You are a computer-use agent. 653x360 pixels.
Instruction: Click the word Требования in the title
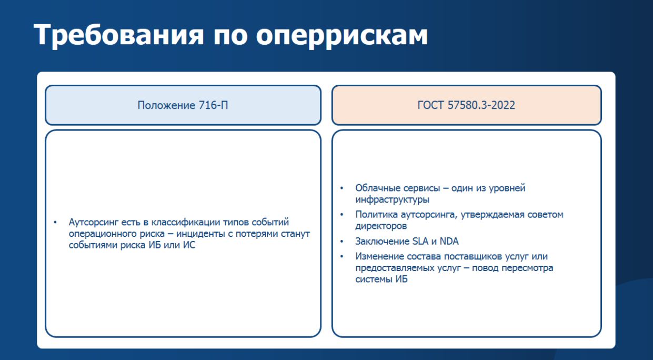click(118, 35)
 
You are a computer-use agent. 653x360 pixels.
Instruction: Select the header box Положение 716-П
click(183, 105)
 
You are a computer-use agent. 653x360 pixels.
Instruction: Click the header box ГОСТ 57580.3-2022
click(466, 105)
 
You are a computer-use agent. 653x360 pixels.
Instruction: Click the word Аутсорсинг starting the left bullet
click(93, 223)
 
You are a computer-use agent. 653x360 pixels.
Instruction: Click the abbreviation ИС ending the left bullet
click(189, 245)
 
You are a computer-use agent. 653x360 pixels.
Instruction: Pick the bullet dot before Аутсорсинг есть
click(55, 223)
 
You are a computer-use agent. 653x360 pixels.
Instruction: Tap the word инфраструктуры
click(392, 199)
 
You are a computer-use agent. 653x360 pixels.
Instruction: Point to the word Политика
click(376, 215)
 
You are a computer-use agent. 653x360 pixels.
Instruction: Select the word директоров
click(381, 226)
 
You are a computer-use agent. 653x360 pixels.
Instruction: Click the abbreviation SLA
click(420, 242)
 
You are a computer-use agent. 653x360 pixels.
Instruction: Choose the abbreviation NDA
click(449, 242)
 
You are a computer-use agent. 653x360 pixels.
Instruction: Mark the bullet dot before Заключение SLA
click(342, 242)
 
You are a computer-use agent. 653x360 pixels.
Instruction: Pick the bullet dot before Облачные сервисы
click(342, 188)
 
